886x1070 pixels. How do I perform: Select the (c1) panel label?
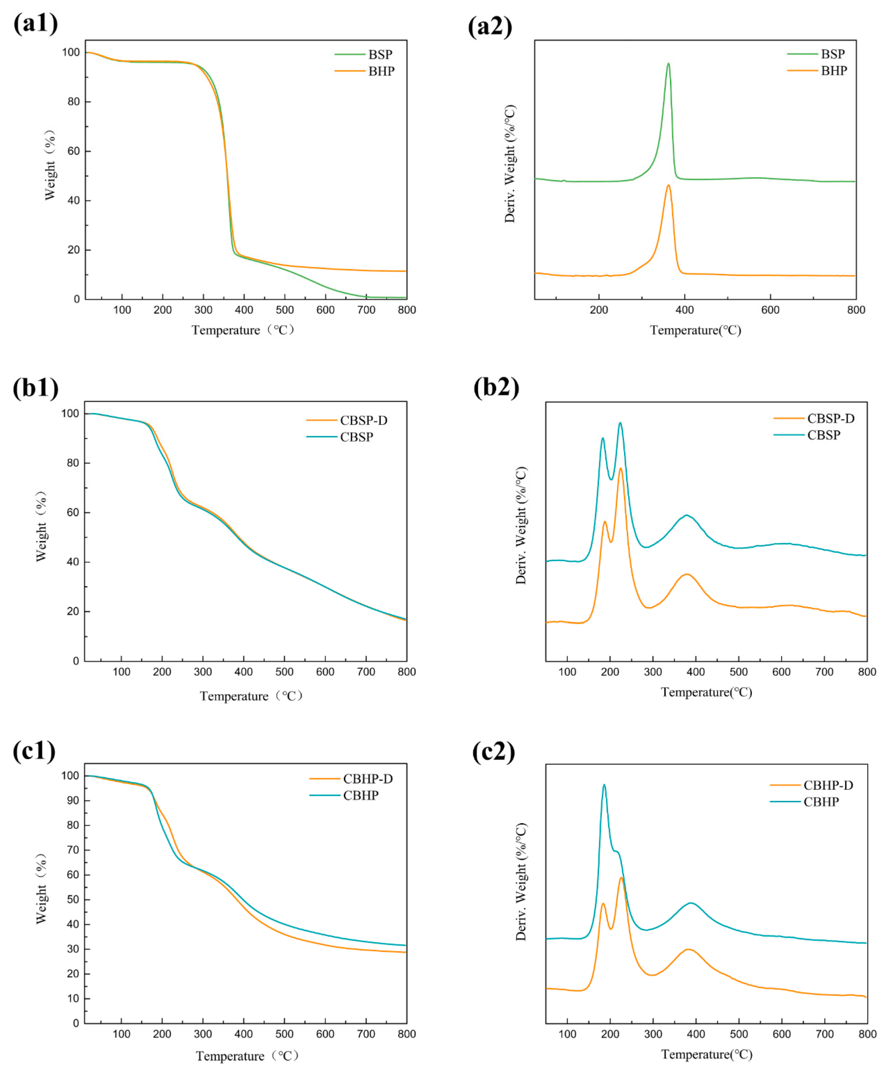[x=34, y=751]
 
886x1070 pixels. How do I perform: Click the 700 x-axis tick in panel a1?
[x=366, y=310]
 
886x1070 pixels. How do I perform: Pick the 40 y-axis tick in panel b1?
[x=73, y=562]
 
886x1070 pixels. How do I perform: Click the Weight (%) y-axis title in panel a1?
[x=49, y=166]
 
